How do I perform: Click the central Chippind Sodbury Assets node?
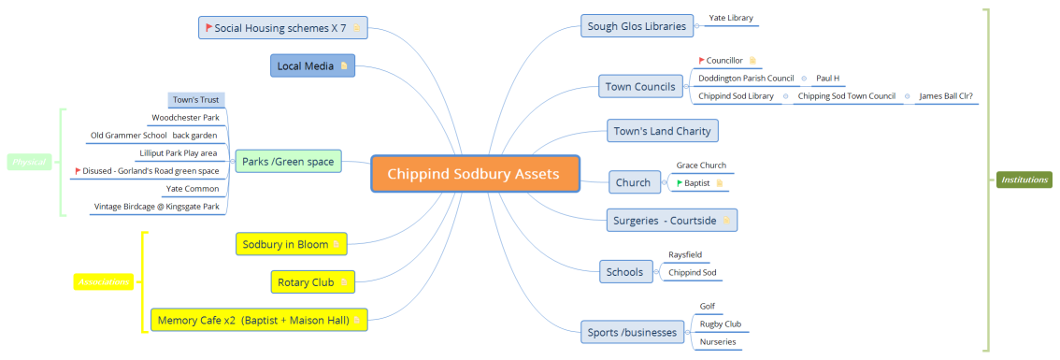tap(473, 174)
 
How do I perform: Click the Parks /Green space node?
tap(287, 162)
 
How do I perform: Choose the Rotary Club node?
tap(312, 281)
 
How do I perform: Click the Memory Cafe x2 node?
tap(258, 320)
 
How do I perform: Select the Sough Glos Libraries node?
tap(638, 26)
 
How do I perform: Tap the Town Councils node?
tap(640, 87)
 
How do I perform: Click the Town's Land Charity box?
tap(663, 131)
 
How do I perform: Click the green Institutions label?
tap(1024, 180)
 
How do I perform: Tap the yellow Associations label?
tap(104, 281)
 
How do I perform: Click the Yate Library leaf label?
tap(731, 18)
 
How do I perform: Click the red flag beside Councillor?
tap(701, 61)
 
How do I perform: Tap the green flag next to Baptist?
tap(680, 183)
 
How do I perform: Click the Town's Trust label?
tap(196, 99)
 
